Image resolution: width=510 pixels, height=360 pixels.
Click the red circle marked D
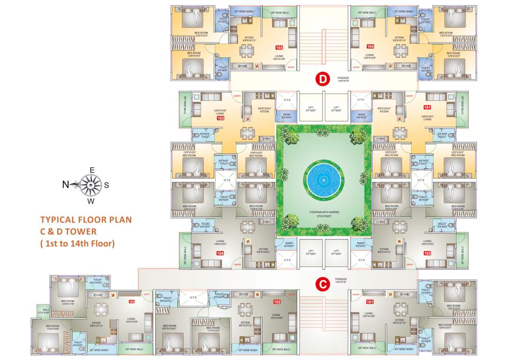click(322, 79)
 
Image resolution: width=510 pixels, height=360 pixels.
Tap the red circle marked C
click(322, 284)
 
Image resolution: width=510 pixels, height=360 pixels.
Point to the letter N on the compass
click(66, 185)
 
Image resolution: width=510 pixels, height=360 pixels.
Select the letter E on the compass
click(92, 170)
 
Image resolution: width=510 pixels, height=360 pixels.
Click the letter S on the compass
click(106, 185)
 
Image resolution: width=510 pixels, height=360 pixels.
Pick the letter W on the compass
click(91, 202)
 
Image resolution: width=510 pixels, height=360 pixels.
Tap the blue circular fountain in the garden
click(323, 180)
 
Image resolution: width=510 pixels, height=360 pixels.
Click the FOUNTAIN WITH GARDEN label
click(324, 212)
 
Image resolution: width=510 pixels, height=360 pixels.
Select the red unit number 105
click(427, 253)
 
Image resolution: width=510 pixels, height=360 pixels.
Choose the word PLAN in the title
click(120, 219)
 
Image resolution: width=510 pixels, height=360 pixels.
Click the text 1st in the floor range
click(51, 243)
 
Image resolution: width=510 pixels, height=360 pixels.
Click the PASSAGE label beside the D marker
click(343, 77)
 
